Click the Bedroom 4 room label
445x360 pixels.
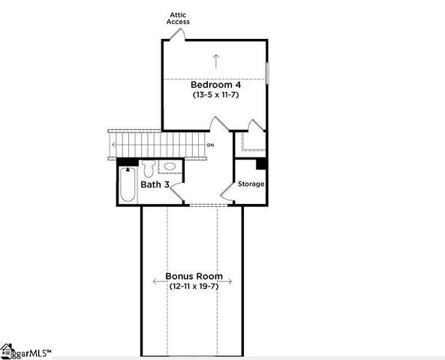point(215,85)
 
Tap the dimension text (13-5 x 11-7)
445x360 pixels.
point(215,95)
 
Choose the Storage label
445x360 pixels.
point(251,184)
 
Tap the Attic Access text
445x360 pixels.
point(179,18)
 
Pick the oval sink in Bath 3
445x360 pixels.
point(170,166)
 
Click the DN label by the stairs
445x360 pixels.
point(210,145)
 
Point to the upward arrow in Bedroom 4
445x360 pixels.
point(216,60)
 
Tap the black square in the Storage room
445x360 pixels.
point(261,163)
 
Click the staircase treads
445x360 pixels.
point(158,143)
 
